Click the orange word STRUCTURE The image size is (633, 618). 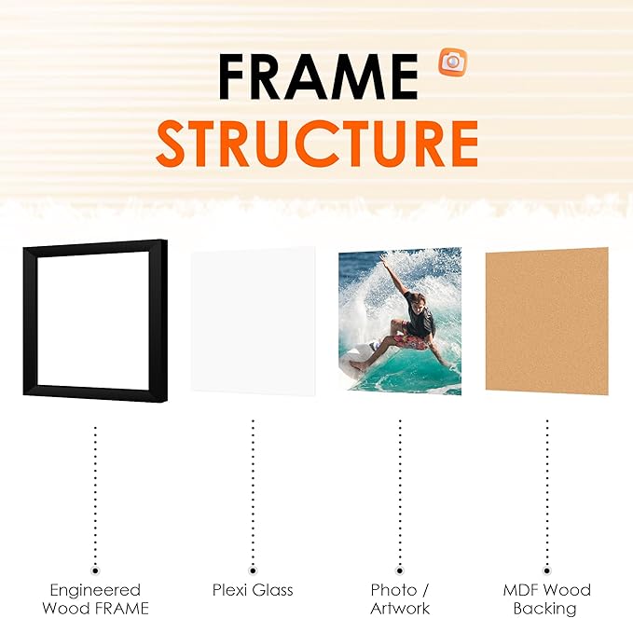(317, 142)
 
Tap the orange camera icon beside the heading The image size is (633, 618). (453, 62)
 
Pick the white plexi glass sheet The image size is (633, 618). (252, 322)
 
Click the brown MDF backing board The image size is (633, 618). (546, 321)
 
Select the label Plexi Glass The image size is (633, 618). (253, 590)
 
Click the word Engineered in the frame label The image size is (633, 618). (95, 590)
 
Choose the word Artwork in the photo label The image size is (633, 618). (400, 609)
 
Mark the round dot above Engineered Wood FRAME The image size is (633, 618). (95, 568)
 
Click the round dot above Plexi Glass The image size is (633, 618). (253, 568)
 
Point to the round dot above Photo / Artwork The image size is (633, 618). (400, 568)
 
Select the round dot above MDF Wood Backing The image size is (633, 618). (546, 568)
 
